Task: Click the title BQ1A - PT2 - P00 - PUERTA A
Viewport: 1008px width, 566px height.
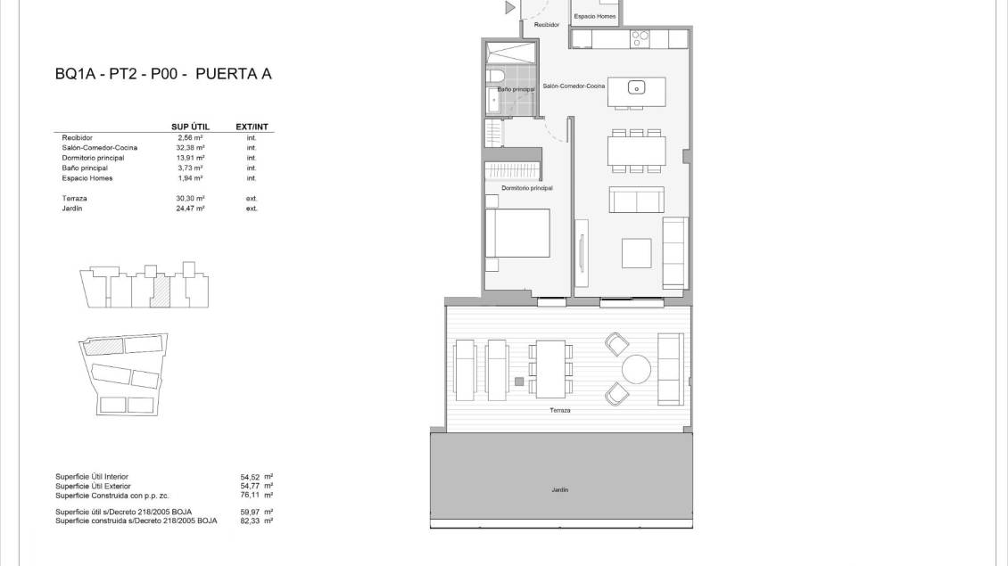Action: [163, 74]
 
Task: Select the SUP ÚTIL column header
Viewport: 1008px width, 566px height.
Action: [190, 127]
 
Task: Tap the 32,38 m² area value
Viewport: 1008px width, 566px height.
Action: [190, 148]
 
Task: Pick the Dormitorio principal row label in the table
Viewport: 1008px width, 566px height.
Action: [93, 158]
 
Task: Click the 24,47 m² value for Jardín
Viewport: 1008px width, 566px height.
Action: [190, 209]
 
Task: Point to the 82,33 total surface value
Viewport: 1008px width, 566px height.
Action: [250, 521]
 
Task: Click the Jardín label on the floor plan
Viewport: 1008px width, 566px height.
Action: [560, 490]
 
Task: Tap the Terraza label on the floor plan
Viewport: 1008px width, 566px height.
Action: [560, 411]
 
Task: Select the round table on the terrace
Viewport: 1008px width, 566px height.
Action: [636, 369]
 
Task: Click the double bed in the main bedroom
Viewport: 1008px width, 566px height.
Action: [517, 234]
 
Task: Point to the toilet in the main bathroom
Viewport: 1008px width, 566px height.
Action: [496, 76]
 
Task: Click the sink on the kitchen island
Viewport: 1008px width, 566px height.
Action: [636, 87]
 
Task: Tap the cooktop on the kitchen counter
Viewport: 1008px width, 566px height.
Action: [640, 38]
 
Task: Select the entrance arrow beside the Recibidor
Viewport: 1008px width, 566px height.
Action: [509, 8]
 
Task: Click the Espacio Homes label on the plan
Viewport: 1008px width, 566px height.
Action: [595, 17]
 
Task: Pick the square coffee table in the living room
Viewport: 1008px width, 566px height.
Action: [636, 253]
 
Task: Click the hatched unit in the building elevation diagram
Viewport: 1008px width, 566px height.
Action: [161, 292]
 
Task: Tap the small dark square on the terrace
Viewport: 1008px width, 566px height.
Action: [519, 382]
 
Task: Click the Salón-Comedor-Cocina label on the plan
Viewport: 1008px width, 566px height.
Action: [574, 86]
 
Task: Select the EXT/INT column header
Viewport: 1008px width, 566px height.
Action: [252, 127]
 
